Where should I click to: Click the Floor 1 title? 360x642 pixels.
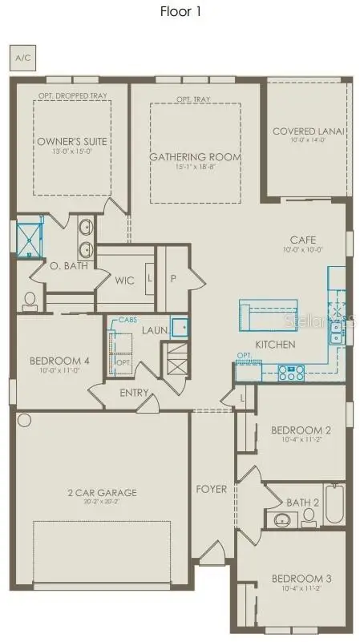point(180,12)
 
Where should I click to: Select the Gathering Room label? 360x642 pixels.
point(196,156)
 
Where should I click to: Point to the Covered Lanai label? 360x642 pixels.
point(309,131)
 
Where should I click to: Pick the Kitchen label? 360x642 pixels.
point(275,345)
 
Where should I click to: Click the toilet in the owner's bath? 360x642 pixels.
point(30,301)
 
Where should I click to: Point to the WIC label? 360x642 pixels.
point(124,281)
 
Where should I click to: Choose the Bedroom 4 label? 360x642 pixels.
point(59,361)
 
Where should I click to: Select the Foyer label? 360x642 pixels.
point(212,489)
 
